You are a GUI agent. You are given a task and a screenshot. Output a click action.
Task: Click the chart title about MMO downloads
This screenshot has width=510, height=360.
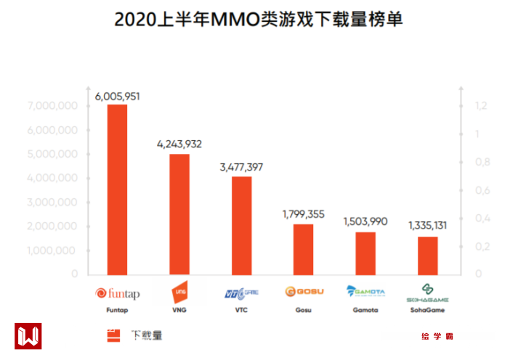point(258,20)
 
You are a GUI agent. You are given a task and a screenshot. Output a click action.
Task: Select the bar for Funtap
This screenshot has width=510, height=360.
point(117,189)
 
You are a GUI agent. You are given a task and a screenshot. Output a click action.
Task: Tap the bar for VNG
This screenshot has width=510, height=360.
point(179,214)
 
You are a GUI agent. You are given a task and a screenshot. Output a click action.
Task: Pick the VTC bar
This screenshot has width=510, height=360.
point(241,225)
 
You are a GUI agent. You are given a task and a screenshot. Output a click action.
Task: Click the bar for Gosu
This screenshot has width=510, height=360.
point(304,249)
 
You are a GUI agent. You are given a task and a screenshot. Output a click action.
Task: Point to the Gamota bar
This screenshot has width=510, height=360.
point(365,253)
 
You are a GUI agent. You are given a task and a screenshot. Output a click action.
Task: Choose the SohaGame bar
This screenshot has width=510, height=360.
point(428,255)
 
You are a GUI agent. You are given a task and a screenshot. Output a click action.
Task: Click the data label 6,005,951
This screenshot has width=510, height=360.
point(117,96)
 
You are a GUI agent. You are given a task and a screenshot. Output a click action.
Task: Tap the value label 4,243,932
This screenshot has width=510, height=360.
point(179,144)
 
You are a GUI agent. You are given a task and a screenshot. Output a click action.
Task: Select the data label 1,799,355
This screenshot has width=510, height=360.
point(304,215)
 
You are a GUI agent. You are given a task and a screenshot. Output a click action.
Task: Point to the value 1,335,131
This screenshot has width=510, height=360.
point(428,226)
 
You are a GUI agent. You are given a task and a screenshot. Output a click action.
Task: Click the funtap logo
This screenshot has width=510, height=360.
point(117,293)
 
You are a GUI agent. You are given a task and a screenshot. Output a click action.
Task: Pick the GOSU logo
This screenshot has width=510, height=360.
point(304,292)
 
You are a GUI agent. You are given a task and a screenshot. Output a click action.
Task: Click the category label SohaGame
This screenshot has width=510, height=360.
point(428,310)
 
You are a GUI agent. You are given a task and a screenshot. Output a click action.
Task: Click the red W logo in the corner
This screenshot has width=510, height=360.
point(28,336)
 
